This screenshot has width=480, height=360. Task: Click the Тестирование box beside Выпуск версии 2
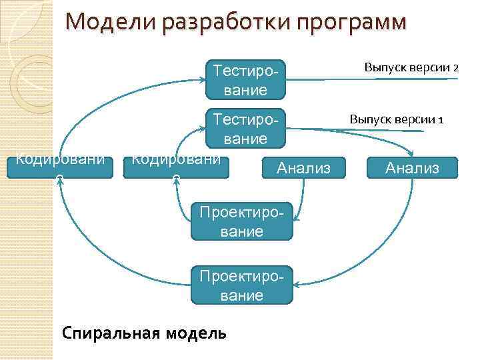[246, 79]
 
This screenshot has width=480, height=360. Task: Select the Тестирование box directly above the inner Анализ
[246, 128]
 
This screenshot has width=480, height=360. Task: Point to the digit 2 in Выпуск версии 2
[456, 68]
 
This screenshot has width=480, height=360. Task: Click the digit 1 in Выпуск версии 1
[441, 120]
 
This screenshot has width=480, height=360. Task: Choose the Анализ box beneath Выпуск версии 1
[413, 168]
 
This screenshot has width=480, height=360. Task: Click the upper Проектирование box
[242, 221]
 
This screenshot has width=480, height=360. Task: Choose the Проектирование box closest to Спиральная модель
[242, 286]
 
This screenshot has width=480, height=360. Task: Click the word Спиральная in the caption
[107, 332]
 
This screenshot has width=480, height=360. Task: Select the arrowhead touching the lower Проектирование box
[297, 285]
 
